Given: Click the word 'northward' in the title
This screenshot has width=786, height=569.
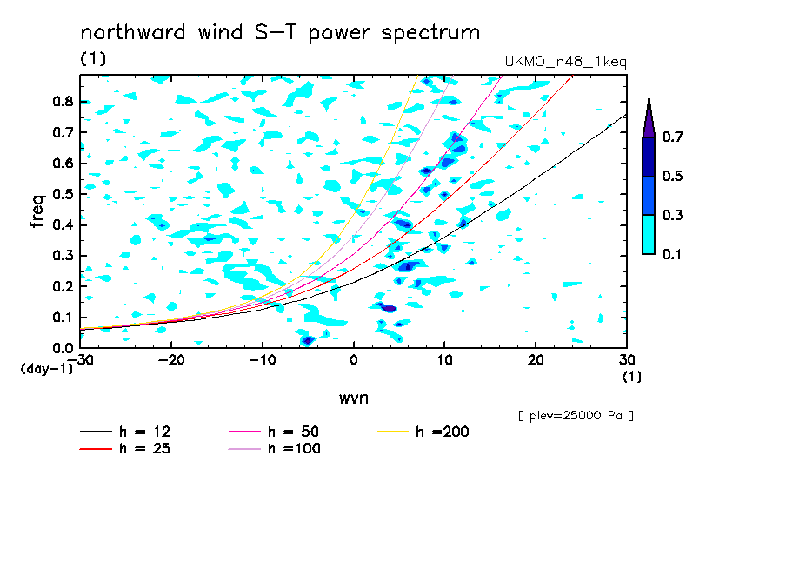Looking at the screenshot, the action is click(x=133, y=32).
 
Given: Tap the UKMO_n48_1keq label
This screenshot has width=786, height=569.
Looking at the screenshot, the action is click(x=565, y=62).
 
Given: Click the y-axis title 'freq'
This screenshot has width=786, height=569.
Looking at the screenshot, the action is click(x=37, y=211).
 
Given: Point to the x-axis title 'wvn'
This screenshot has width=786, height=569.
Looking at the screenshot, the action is click(x=354, y=398).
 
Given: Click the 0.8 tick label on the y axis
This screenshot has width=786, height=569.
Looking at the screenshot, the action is click(x=63, y=101).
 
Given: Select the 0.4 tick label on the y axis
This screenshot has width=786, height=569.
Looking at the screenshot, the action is click(x=63, y=224).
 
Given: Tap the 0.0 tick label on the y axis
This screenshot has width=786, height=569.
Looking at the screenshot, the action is click(x=63, y=348).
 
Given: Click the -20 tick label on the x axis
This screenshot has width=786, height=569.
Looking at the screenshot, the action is click(x=171, y=360).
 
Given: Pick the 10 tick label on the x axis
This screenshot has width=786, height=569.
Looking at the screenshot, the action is click(x=444, y=360).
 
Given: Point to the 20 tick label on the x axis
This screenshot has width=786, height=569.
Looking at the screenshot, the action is click(x=536, y=360).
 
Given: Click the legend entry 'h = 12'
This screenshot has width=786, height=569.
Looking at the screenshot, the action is click(x=125, y=432).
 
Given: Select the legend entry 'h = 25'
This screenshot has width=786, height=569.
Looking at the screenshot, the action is click(x=125, y=448).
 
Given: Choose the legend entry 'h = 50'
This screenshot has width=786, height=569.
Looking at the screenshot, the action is click(x=274, y=432).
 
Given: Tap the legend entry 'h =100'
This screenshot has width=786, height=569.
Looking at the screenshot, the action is click(x=274, y=448).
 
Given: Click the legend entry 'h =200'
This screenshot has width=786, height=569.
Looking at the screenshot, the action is click(x=423, y=432).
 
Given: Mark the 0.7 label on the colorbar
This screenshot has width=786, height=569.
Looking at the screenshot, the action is click(x=672, y=137).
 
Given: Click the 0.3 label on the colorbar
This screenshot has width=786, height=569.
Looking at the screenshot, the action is click(x=672, y=215).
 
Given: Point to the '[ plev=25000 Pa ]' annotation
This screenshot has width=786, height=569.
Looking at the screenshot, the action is click(x=576, y=416).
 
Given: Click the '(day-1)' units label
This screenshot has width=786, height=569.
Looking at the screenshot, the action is click(x=47, y=369).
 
